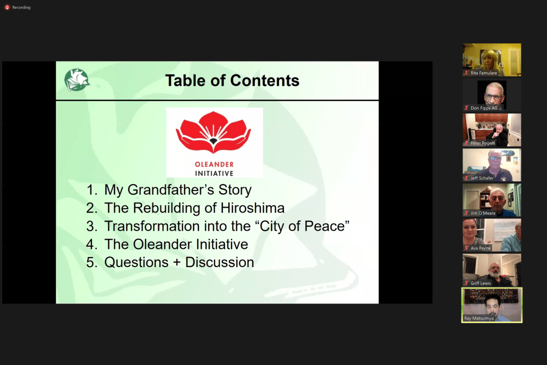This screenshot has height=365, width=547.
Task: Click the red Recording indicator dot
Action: click(x=7, y=7)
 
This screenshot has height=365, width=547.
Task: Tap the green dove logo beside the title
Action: click(x=77, y=80)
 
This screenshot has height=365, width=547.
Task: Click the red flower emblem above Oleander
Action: click(x=213, y=132)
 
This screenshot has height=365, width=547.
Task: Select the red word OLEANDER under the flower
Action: click(x=214, y=164)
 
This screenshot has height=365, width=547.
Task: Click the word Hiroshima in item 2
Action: click(x=252, y=208)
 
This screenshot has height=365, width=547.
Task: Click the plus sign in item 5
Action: click(x=177, y=263)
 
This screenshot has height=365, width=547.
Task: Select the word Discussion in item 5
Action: click(x=219, y=263)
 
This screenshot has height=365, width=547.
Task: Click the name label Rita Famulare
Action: click(x=483, y=73)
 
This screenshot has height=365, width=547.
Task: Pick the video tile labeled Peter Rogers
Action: click(x=492, y=130)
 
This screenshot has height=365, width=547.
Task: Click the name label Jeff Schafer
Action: click(x=482, y=178)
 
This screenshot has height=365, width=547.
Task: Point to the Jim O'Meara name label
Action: click(x=483, y=213)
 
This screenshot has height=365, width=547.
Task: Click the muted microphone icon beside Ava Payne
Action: click(x=466, y=248)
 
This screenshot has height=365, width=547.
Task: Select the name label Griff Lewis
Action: click(x=480, y=283)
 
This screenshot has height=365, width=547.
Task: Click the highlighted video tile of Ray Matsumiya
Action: click(x=492, y=305)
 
